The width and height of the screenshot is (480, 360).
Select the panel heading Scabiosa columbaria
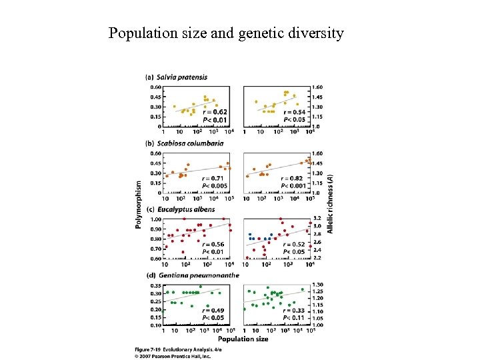coord(182,143)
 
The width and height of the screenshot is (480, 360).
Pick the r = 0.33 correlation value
coord(294,311)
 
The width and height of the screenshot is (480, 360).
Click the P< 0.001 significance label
coord(294,185)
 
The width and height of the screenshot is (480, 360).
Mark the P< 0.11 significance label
coord(294,318)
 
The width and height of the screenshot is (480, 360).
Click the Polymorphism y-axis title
coord(139,204)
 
